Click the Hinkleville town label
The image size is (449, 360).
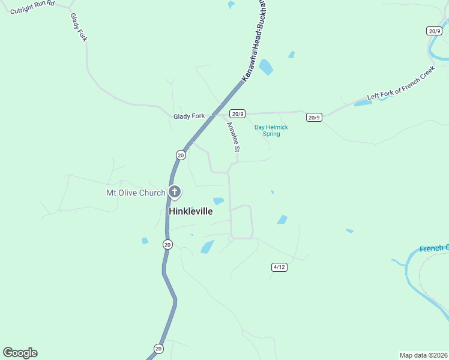[191, 212]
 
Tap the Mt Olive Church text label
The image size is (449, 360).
[136, 193]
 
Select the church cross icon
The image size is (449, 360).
[175, 192]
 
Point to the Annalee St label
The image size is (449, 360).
[233, 137]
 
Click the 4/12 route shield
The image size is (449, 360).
[279, 266]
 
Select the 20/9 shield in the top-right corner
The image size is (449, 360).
[435, 31]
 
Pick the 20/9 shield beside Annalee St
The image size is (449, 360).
[238, 113]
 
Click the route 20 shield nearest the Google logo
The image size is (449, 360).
[158, 348]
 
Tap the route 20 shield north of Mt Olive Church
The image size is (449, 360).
[181, 155]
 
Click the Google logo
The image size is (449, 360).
[20, 353]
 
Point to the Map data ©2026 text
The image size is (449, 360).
[423, 355]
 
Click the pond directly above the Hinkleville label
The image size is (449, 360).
[218, 201]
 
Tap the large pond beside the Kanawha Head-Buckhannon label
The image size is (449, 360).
[266, 67]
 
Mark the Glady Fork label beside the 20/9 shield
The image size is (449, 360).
[189, 116]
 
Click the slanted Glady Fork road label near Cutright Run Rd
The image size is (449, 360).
[79, 27]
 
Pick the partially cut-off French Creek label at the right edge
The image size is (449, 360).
[434, 248]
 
